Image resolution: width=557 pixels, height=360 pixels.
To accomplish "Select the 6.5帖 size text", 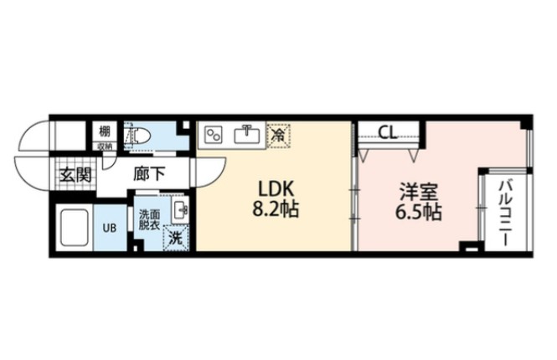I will (x=418, y=212).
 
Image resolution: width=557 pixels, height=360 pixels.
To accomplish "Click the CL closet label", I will (x=387, y=131).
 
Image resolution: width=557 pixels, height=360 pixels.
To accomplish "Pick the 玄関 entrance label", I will (x=74, y=174).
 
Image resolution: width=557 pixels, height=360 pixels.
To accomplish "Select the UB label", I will (x=110, y=227).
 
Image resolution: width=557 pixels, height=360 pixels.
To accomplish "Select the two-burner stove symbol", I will (x=214, y=135).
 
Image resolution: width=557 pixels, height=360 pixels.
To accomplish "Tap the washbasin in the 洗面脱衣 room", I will (x=180, y=211).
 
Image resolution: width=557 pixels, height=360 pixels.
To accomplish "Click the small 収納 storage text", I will (x=104, y=145).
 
